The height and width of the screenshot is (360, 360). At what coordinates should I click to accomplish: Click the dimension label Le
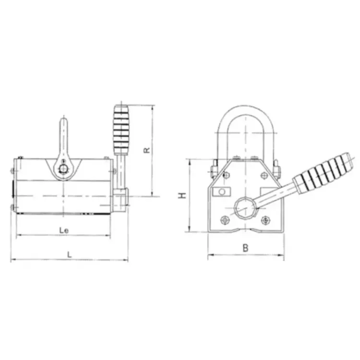(x=64, y=230)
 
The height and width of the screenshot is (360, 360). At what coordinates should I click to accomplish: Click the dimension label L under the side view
(x=69, y=254)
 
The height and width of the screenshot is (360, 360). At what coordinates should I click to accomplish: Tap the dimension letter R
(x=146, y=150)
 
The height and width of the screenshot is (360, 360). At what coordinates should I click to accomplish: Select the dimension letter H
(x=182, y=196)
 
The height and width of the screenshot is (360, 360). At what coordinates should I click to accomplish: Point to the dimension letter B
(x=245, y=248)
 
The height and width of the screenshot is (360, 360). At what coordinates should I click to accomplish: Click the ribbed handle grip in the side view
(x=121, y=130)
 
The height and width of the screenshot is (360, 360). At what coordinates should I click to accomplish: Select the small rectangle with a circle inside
(x=222, y=192)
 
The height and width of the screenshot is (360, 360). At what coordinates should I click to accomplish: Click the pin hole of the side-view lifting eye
(x=63, y=169)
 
